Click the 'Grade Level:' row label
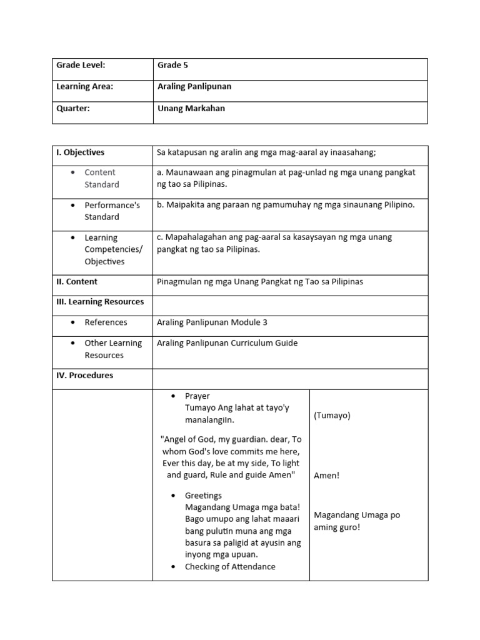tap(81, 65)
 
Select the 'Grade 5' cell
tap(173, 65)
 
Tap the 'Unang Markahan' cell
tap(191, 108)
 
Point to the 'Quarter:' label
tap(73, 108)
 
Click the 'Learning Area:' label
tap(85, 86)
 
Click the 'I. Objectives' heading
tap(81, 152)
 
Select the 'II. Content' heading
tap(77, 281)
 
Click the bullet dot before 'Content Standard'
tap(73, 172)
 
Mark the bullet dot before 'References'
tap(73, 322)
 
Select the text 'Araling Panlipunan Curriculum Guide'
tap(227, 342)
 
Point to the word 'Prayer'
tap(197, 396)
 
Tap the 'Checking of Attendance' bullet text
tap(230, 566)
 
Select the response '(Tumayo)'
tap(332, 415)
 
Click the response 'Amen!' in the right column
tap(326, 475)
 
